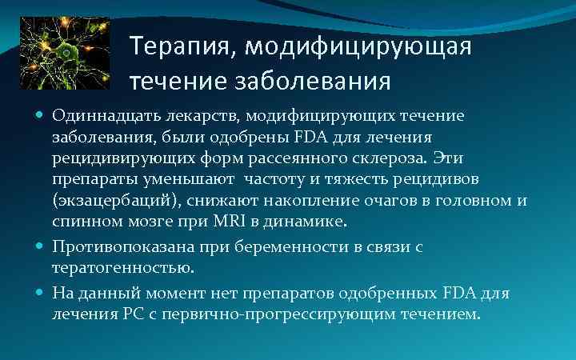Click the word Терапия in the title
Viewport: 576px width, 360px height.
click(x=175, y=46)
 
